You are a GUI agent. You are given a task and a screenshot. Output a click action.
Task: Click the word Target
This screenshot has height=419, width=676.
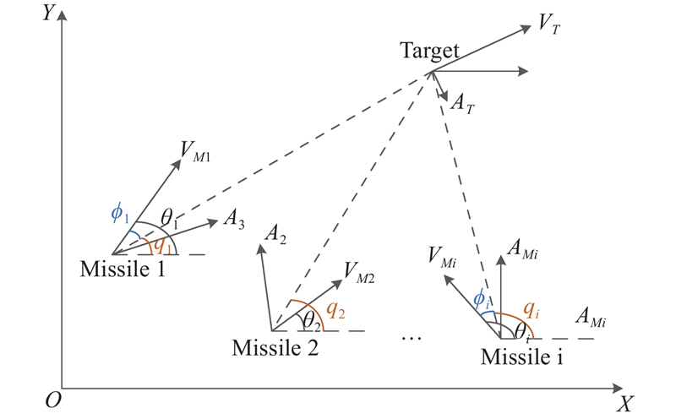point(429,52)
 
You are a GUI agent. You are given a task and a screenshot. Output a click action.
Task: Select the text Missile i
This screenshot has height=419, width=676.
point(522,356)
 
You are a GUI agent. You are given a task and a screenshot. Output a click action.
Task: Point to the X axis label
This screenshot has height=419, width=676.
point(624,405)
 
